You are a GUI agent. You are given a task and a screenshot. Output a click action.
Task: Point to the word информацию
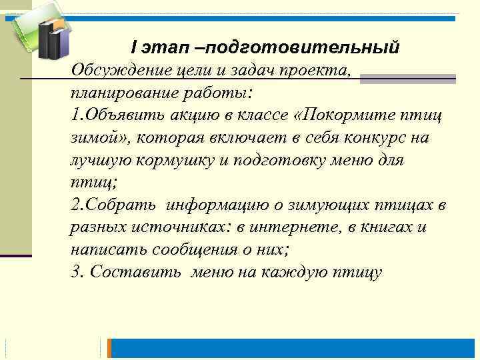pos(215,204)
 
